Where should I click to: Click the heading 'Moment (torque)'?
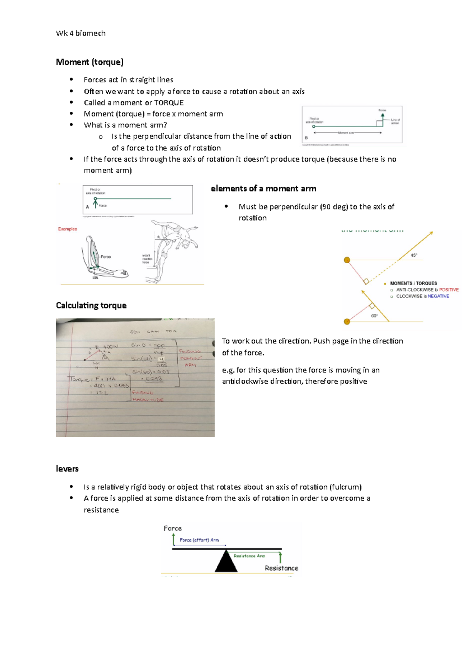pyautogui.click(x=90, y=62)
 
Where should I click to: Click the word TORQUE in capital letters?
pyautogui.click(x=169, y=103)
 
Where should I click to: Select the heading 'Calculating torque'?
pyautogui.click(x=91, y=305)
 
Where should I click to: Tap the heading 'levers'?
pyautogui.click(x=67, y=469)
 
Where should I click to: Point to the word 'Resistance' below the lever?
pyautogui.click(x=281, y=568)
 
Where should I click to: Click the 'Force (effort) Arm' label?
pyautogui.click(x=199, y=540)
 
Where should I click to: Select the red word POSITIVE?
pyautogui.click(x=449, y=290)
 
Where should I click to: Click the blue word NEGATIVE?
pyautogui.click(x=438, y=296)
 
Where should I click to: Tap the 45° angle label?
pyautogui.click(x=414, y=255)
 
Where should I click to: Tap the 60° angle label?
pyautogui.click(x=374, y=316)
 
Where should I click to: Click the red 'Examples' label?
pyautogui.click(x=67, y=229)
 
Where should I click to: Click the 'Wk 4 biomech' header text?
pyautogui.click(x=81, y=34)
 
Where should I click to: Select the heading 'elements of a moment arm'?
pyautogui.click(x=263, y=189)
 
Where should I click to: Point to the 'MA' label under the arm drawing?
pyautogui.click(x=95, y=278)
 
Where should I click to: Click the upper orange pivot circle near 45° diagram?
pyautogui.click(x=347, y=260)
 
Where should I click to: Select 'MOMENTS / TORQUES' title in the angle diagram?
pyautogui.click(x=413, y=283)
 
